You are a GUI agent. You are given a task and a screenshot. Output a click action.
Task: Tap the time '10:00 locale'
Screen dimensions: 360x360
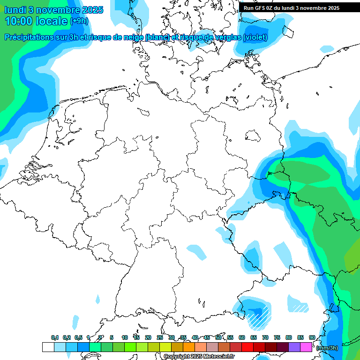tap(36, 21)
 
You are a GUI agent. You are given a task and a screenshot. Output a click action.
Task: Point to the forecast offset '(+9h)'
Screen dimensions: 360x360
tap(79, 21)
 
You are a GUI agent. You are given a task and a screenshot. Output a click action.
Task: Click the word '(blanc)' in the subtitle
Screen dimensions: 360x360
tap(157, 37)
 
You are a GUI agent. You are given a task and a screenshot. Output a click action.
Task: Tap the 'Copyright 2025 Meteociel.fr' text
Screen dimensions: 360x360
tap(199, 356)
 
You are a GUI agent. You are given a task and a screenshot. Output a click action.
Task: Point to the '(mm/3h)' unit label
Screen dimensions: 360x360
tap(326, 347)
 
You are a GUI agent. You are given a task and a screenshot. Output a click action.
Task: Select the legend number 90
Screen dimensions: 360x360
tap(312, 337)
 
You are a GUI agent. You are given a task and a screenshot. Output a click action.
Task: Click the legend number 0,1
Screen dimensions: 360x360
tap(55, 337)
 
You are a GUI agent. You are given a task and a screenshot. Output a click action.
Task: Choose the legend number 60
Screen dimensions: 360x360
tap(242, 337)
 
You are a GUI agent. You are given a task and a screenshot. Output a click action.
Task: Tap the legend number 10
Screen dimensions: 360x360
tap(125, 337)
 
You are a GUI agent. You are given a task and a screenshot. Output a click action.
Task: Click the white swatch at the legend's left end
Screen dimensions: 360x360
tap(48, 347)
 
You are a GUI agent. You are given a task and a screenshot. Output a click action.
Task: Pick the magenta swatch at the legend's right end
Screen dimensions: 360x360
tap(306, 347)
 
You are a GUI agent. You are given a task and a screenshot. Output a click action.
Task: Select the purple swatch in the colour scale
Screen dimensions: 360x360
tap(294, 347)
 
